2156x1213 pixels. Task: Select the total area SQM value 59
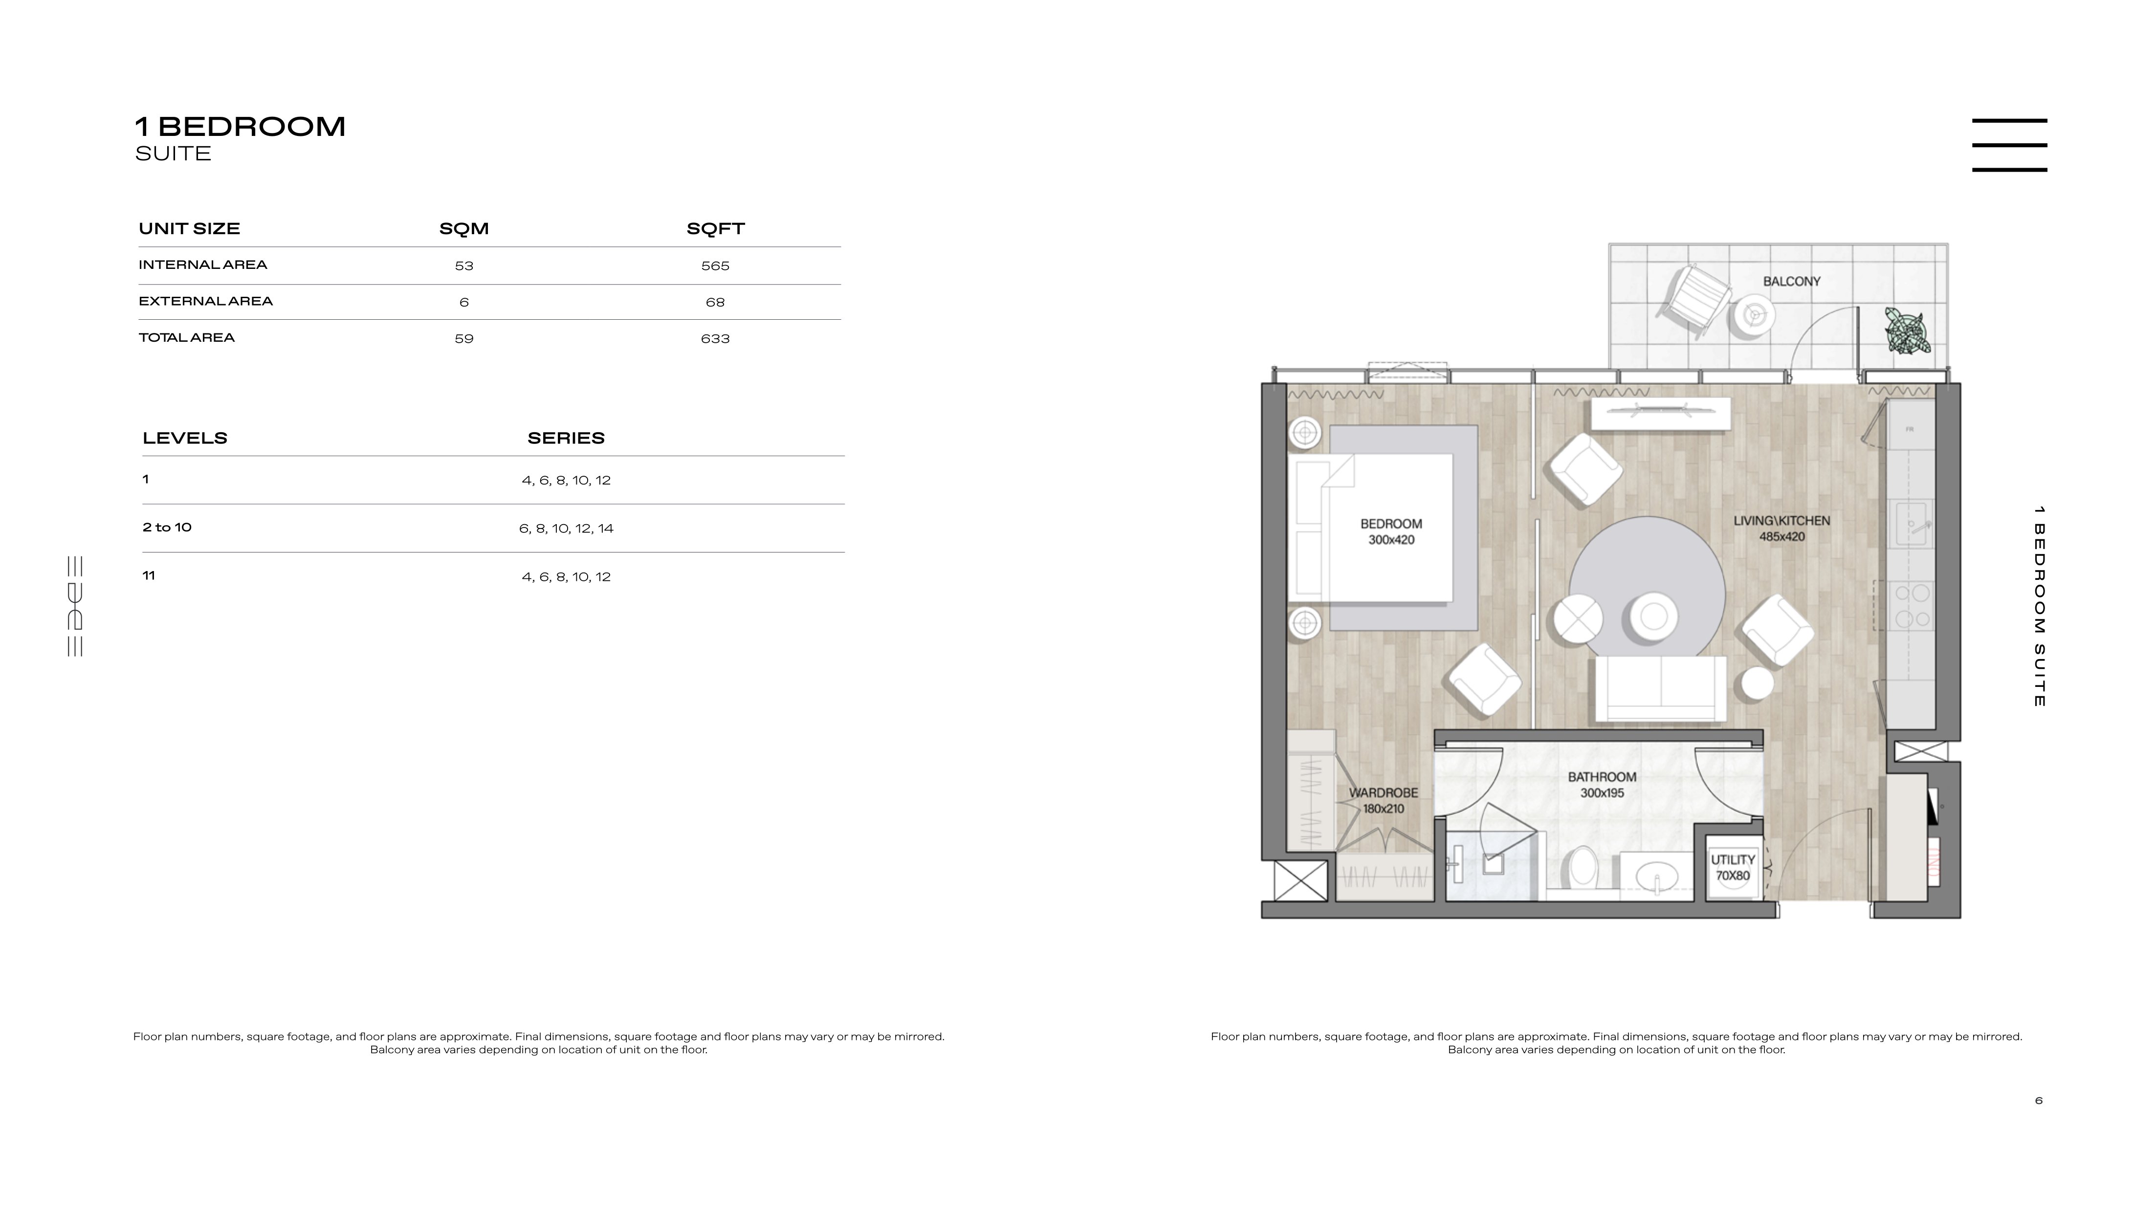463,339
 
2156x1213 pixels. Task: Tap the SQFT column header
716,228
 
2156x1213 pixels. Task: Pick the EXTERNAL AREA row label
206,301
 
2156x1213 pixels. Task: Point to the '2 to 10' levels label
167,528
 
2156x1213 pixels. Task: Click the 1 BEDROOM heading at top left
240,127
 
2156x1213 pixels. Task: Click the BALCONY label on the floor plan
1792,281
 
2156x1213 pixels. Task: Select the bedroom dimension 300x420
1391,540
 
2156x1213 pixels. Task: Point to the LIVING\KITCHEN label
1782,521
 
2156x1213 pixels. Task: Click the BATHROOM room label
1602,777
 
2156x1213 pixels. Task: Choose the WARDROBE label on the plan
1384,793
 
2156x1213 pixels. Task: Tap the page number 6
2039,1101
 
